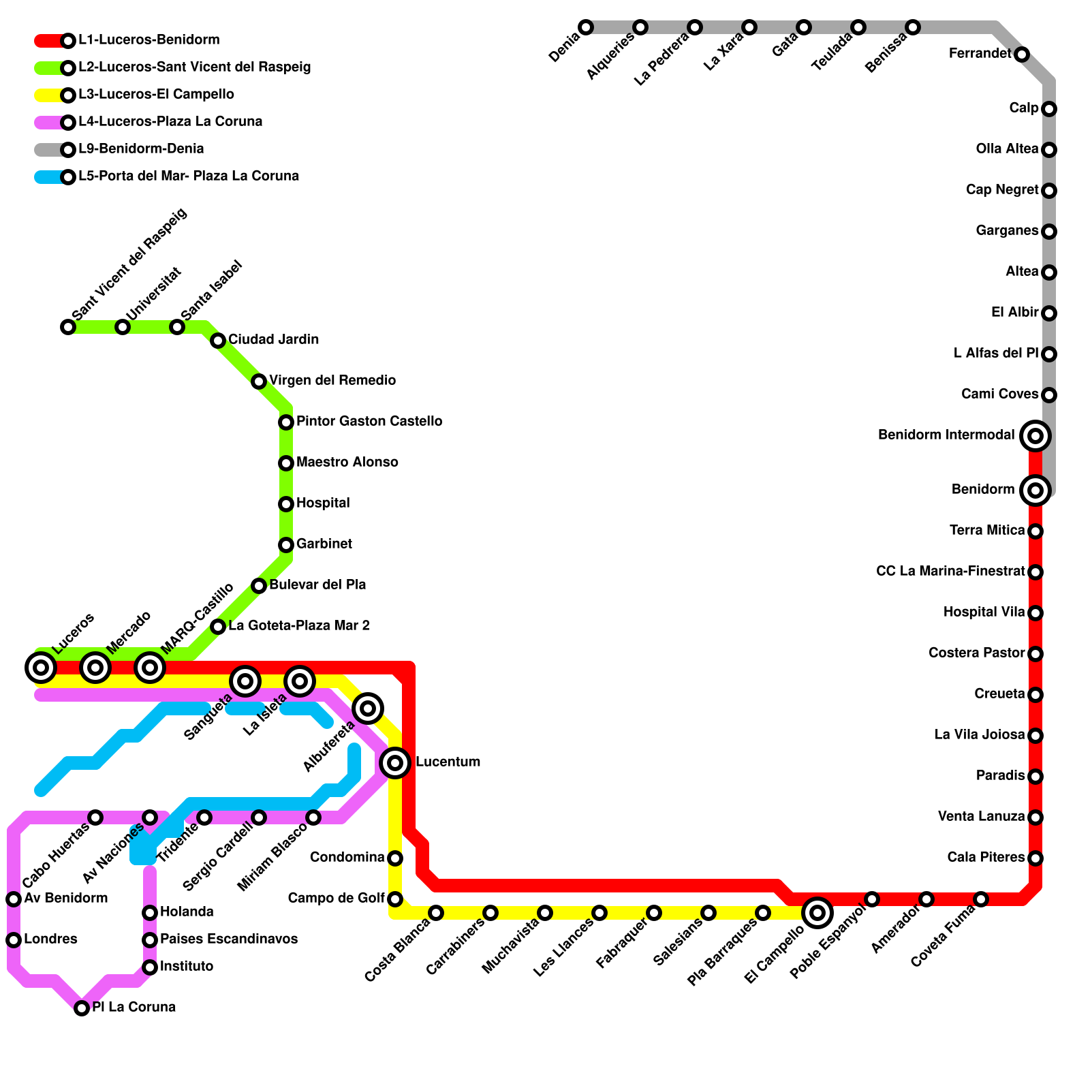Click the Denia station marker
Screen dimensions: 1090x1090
pyautogui.click(x=586, y=27)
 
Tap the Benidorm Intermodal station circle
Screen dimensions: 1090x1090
pyautogui.click(x=1035, y=436)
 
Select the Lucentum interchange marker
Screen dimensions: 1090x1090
pyautogui.click(x=395, y=762)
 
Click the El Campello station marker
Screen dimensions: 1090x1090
pyautogui.click(x=817, y=913)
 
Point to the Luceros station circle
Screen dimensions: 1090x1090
pyautogui.click(x=41, y=668)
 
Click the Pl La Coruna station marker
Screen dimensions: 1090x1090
pyautogui.click(x=82, y=1008)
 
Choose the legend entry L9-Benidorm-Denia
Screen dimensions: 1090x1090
pyautogui.click(x=141, y=149)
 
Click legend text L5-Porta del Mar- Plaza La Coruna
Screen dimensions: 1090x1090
pyautogui.click(x=189, y=176)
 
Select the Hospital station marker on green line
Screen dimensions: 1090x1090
pyautogui.click(x=286, y=504)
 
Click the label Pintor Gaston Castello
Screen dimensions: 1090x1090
pyautogui.click(x=369, y=422)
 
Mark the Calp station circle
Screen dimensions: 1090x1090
pyautogui.click(x=1049, y=109)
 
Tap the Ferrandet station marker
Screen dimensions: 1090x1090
pyautogui.click(x=1021, y=54)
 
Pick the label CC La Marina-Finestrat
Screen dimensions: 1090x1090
pyautogui.click(x=950, y=572)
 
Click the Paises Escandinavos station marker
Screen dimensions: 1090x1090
pyautogui.click(x=150, y=940)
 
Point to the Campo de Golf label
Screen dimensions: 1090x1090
pyautogui.click(x=337, y=899)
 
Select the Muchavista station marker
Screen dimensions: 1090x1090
pyautogui.click(x=545, y=913)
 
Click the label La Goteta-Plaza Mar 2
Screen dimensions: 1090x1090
pyautogui.click(x=299, y=626)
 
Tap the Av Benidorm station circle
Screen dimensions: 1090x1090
pyautogui.click(x=14, y=899)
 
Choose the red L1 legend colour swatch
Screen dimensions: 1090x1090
pyautogui.click(x=49, y=41)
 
